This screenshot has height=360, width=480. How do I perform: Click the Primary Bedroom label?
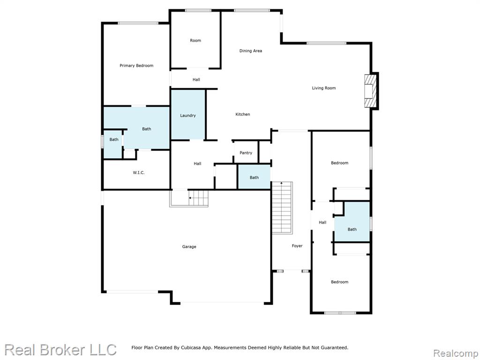click(x=136, y=66)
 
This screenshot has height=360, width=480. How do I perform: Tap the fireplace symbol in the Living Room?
click(x=370, y=90)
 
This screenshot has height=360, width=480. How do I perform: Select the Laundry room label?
click(x=187, y=115)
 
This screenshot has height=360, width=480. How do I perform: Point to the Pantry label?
click(x=246, y=153)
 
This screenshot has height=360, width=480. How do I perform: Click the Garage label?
click(x=189, y=247)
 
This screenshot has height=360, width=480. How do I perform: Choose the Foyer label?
click(x=297, y=246)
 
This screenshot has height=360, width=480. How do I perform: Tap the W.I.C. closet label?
click(x=139, y=172)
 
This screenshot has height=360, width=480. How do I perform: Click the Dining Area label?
click(x=250, y=51)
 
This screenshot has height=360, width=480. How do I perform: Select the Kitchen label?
click(x=242, y=114)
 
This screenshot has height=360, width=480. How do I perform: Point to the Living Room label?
click(x=323, y=88)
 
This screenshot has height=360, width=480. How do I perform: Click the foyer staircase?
click(x=282, y=208)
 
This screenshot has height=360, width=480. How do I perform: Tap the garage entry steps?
click(x=189, y=198)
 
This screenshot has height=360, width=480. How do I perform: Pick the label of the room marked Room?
click(x=195, y=40)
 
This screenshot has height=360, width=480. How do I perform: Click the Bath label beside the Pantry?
click(x=254, y=178)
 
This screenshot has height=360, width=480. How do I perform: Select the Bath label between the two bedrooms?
click(x=352, y=229)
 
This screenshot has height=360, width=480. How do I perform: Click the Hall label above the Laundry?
click(x=196, y=80)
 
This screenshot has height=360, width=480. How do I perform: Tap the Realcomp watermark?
click(x=456, y=353)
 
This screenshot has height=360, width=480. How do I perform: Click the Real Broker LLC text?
click(x=60, y=350)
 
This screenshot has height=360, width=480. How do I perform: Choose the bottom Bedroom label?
click(x=339, y=282)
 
